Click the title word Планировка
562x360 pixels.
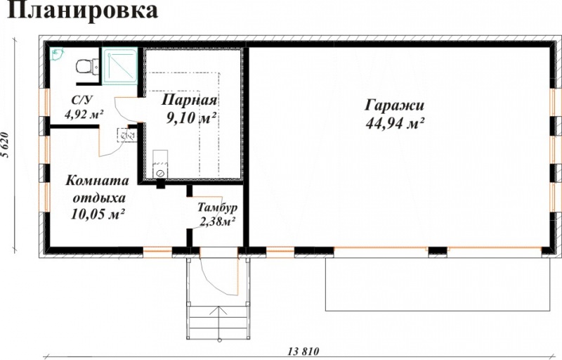tap(82, 11)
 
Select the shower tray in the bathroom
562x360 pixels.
tap(119, 66)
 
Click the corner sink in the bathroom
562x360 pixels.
tap(56, 54)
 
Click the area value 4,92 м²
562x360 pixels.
tap(84, 115)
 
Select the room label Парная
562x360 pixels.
tap(189, 100)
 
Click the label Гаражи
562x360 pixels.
tap(395, 105)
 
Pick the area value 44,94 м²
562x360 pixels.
tap(395, 123)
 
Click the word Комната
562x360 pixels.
tap(97, 181)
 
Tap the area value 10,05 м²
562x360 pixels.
tap(98, 214)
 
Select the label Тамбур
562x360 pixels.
tap(217, 207)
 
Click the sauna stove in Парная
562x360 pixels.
tap(160, 164)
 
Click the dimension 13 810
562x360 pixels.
tap(303, 351)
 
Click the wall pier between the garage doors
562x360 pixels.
tap(438, 252)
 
